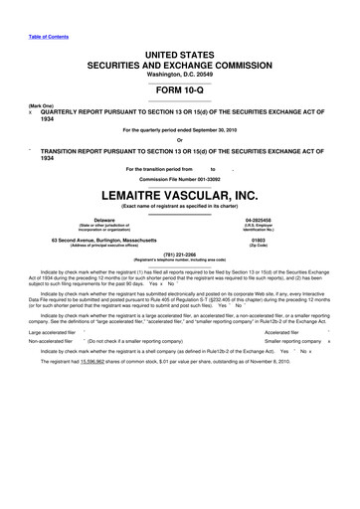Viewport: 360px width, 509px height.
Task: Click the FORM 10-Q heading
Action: pyautogui.click(x=180, y=87)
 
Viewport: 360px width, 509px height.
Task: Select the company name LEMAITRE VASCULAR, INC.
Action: pyautogui.click(x=180, y=197)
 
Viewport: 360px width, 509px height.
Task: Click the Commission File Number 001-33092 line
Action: pyautogui.click(x=180, y=180)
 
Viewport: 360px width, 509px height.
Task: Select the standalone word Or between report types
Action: pyautogui.click(x=180, y=138)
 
